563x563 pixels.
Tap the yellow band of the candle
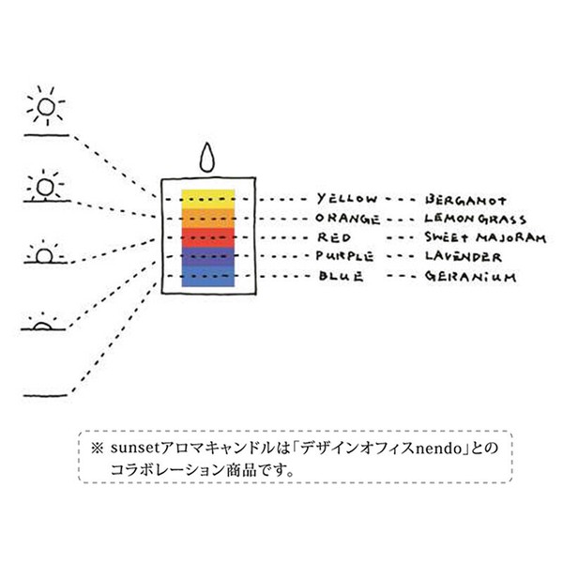pyautogui.click(x=208, y=199)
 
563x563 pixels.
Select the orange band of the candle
pyautogui.click(x=208, y=218)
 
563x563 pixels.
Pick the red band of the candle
pyautogui.click(x=208, y=237)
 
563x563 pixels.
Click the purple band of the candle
pyautogui.click(x=208, y=256)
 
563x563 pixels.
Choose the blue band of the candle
pyautogui.click(x=208, y=276)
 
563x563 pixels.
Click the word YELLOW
pyautogui.click(x=347, y=199)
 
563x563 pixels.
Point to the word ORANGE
pyautogui.click(x=347, y=219)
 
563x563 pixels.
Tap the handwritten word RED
pyautogui.click(x=333, y=237)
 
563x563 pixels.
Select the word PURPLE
pyautogui.click(x=344, y=256)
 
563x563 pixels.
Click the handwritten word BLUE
pyautogui.click(x=341, y=276)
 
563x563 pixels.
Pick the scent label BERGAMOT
pyautogui.click(x=465, y=200)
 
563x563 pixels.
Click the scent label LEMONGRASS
pyautogui.click(x=476, y=219)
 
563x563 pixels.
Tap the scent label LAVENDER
pyautogui.click(x=464, y=256)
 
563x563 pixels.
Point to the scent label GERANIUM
pyautogui.click(x=471, y=276)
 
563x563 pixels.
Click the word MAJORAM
pyautogui.click(x=511, y=237)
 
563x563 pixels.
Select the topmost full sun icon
pyautogui.click(x=46, y=106)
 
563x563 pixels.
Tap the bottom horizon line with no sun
pyautogui.click(x=46, y=395)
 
